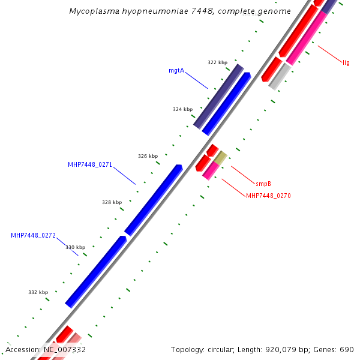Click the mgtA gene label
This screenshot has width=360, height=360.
pos(176,70)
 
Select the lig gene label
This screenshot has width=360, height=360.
pos(346,62)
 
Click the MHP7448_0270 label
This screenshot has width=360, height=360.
pos(268,196)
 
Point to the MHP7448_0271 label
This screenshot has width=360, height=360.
pos(90,164)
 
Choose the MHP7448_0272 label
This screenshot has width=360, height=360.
pos(33,235)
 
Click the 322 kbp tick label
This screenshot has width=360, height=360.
pos(217,62)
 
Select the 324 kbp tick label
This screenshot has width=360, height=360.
pos(182,109)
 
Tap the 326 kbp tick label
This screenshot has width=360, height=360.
pos(148,156)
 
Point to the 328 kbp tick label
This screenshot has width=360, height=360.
pos(112,202)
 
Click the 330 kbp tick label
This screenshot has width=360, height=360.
pos(76,247)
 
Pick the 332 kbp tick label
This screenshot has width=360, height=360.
pos(38,292)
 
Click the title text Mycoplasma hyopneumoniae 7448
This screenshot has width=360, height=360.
pos(148,11)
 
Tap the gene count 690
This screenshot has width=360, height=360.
pos(347,349)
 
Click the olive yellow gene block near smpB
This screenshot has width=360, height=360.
pos(221,158)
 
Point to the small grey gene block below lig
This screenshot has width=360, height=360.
pos(280,77)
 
